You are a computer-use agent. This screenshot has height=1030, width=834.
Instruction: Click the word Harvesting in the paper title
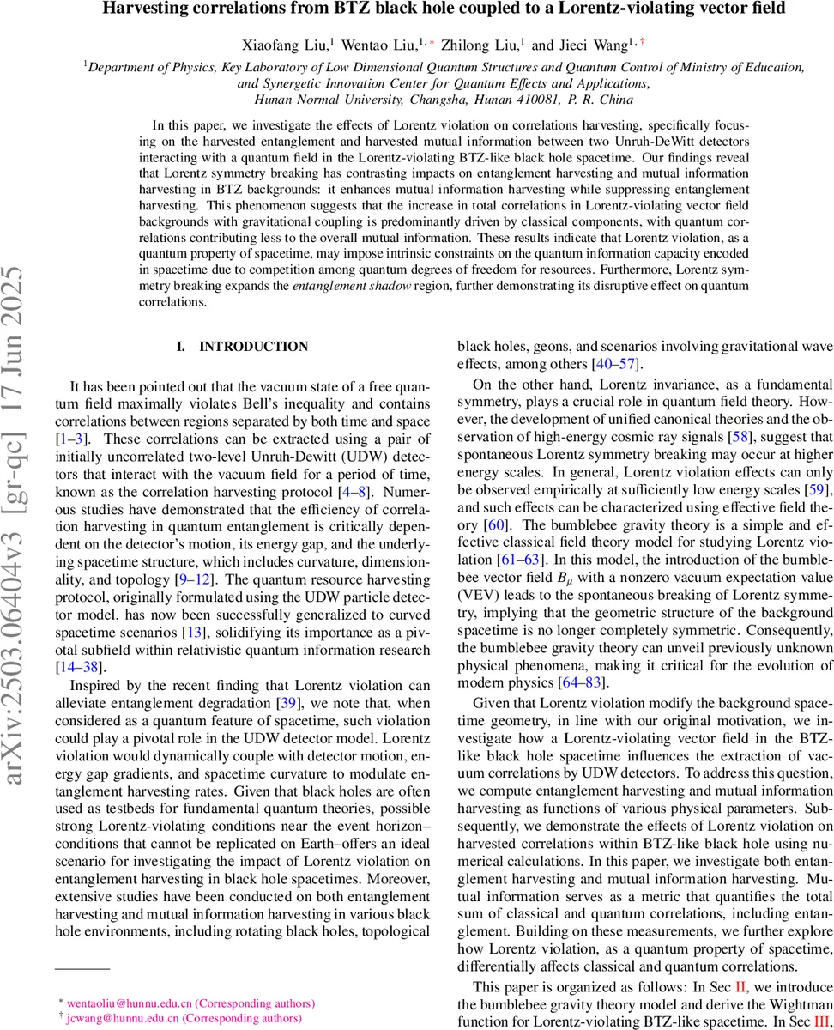(142, 10)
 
